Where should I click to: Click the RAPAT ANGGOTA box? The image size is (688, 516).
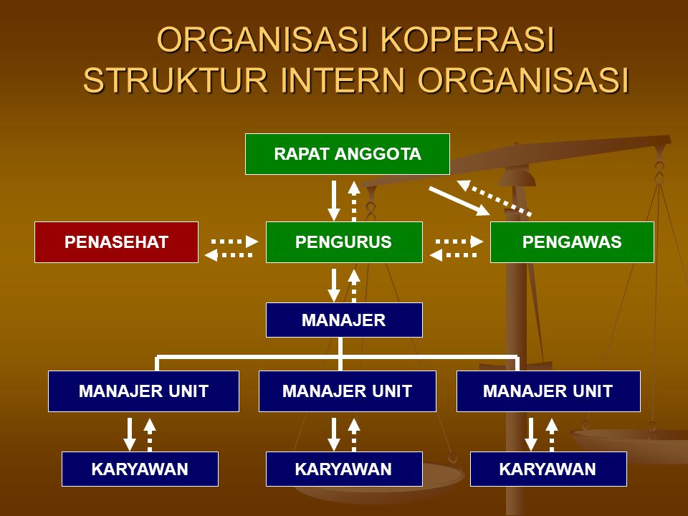347,154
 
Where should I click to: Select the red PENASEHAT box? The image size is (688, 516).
116,242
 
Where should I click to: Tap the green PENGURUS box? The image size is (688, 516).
344,242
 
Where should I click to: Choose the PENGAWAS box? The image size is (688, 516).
572,242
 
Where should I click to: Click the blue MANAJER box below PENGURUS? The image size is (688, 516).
344,320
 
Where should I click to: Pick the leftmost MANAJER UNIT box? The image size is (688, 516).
143,391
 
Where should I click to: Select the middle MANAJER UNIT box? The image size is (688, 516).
347,391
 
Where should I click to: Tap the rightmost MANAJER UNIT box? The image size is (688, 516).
548,391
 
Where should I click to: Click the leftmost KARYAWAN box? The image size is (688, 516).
140,469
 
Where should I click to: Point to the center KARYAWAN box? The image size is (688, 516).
343,469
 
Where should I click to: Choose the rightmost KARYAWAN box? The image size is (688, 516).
548,469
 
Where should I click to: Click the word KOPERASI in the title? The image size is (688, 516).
469,40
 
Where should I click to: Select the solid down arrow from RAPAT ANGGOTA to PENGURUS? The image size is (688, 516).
334,201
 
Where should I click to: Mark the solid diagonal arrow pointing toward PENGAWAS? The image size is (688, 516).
459,201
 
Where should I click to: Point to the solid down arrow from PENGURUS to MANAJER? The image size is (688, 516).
334,285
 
